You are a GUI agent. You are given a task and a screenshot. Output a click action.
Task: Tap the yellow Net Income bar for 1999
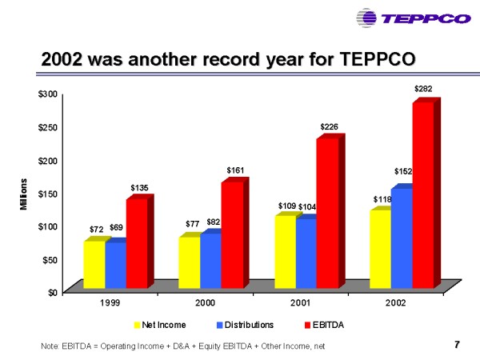click(x=94, y=263)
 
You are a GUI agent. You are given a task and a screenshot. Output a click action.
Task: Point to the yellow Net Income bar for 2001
click(x=285, y=250)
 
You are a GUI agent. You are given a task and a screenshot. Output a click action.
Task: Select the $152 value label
click(x=403, y=171)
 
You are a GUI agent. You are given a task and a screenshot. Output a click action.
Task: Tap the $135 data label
click(x=139, y=188)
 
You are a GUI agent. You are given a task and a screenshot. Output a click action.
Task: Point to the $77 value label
click(x=191, y=224)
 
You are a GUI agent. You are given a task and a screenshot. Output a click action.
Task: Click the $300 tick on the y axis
click(x=47, y=94)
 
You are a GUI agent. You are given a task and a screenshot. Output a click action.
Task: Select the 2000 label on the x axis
click(x=206, y=303)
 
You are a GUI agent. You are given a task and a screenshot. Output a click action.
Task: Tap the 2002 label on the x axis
click(x=394, y=303)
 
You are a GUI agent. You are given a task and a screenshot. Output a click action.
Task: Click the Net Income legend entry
click(x=159, y=325)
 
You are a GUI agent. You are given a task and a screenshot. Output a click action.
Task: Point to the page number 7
click(x=457, y=345)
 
